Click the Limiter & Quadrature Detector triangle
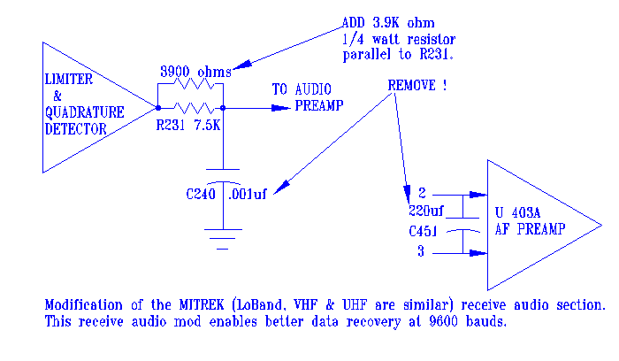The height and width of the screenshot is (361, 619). pyautogui.click(x=84, y=106)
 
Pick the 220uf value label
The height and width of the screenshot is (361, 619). pyautogui.click(x=428, y=211)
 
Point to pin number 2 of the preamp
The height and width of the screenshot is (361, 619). pyautogui.click(x=422, y=193)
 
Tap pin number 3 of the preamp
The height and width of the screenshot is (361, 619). pyautogui.click(x=422, y=251)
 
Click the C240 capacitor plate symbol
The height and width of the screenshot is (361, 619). pyautogui.click(x=223, y=173)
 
